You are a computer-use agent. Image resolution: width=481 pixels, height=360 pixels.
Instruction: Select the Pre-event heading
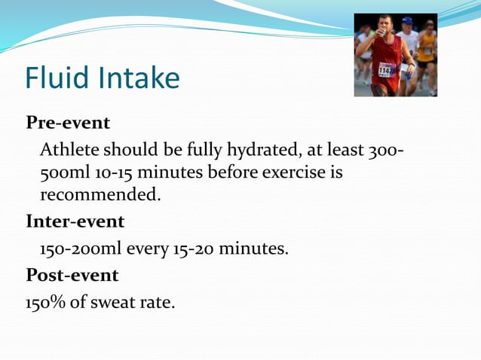(69, 122)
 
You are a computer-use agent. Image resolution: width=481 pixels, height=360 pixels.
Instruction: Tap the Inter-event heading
(75, 222)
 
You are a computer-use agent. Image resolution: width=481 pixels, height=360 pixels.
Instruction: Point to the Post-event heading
(72, 275)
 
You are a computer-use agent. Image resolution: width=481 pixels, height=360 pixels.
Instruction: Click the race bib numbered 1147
(386, 70)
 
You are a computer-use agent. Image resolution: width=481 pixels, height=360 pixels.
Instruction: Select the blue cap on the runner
(407, 20)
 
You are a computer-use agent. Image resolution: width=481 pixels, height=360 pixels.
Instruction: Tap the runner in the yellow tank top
(427, 53)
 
